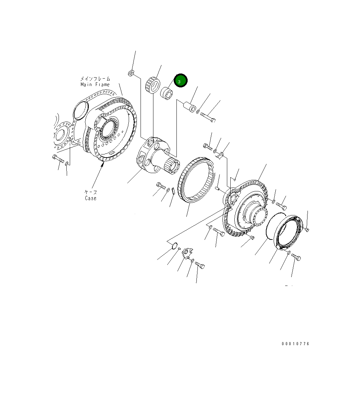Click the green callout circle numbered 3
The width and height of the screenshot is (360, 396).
tap(180, 81)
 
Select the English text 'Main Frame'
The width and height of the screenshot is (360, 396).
tap(95, 84)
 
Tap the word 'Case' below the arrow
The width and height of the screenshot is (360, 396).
tap(90, 198)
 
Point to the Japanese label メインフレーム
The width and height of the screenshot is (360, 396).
tap(95, 79)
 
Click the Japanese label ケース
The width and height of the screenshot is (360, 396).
tap(90, 192)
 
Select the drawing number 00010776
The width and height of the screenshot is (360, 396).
tap(295, 344)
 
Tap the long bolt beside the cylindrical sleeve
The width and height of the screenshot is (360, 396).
tap(208, 117)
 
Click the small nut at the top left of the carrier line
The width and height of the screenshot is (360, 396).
tap(131, 73)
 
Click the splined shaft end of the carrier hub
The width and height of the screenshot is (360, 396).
tap(173, 166)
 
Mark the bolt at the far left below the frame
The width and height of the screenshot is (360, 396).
tap(58, 159)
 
